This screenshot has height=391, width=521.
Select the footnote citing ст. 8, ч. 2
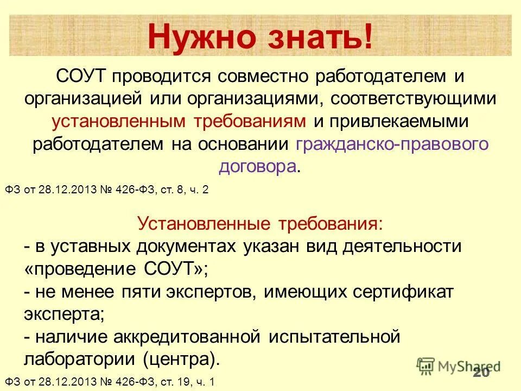(107, 190)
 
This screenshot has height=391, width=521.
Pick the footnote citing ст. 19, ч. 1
(110, 382)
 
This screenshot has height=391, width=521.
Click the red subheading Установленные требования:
(259, 223)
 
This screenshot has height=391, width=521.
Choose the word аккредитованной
(187, 337)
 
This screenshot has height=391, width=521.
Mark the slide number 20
(480, 372)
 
